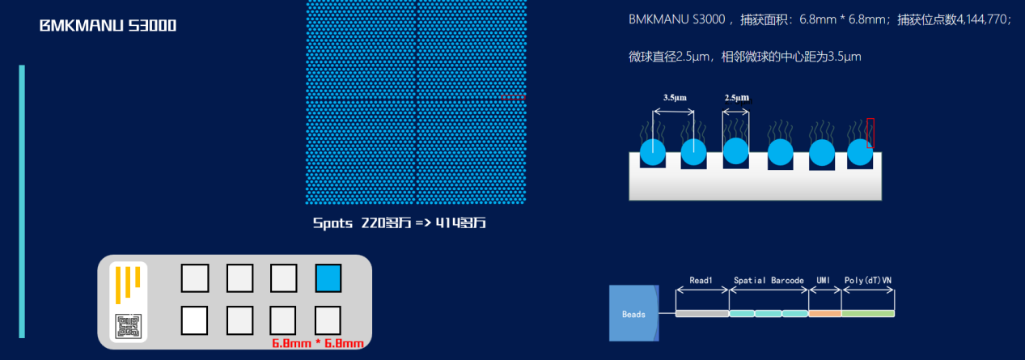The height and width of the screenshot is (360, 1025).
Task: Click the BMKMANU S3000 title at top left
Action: click(108, 26)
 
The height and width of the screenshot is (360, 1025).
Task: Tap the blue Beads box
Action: click(634, 313)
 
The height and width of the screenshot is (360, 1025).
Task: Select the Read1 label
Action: click(701, 280)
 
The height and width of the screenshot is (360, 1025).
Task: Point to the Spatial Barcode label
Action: click(769, 280)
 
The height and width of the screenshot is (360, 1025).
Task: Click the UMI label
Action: click(824, 280)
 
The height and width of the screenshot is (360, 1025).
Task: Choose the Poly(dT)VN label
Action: click(868, 280)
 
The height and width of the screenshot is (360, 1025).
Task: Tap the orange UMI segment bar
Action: click(824, 313)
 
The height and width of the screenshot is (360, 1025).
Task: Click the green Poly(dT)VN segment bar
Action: click(868, 313)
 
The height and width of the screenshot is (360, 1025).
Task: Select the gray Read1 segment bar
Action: click(701, 313)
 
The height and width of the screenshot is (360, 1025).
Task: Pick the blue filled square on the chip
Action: click(328, 277)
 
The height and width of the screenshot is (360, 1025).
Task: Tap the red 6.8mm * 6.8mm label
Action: click(317, 343)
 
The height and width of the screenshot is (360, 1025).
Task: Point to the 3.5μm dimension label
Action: click(675, 98)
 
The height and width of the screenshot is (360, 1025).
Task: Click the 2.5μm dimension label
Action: click(736, 98)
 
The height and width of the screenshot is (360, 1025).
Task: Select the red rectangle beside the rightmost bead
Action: click(870, 133)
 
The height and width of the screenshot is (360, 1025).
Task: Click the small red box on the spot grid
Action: click(513, 98)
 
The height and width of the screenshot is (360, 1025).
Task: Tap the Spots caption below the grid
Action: click(399, 223)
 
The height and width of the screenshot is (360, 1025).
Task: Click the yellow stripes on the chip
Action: click(128, 282)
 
